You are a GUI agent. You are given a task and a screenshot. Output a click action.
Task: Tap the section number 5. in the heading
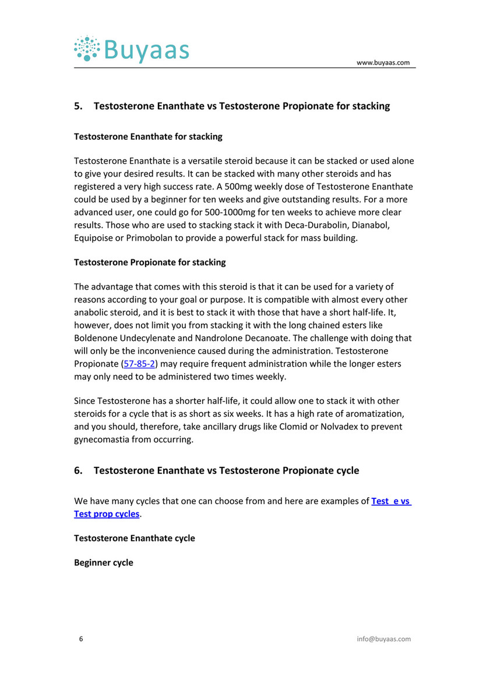(78, 106)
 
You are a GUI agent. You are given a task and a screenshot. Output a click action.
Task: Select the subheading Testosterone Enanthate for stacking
(148, 137)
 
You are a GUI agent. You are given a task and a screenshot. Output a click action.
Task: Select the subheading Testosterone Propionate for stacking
(150, 262)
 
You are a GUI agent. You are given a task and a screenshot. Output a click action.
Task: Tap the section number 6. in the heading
(78, 470)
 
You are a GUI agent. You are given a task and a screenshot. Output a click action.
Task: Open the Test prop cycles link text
(107, 514)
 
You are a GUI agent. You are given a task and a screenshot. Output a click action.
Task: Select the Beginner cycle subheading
(104, 562)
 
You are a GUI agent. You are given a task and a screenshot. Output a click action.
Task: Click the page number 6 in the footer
(81, 639)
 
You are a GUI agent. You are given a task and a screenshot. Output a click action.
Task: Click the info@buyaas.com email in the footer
(383, 639)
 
